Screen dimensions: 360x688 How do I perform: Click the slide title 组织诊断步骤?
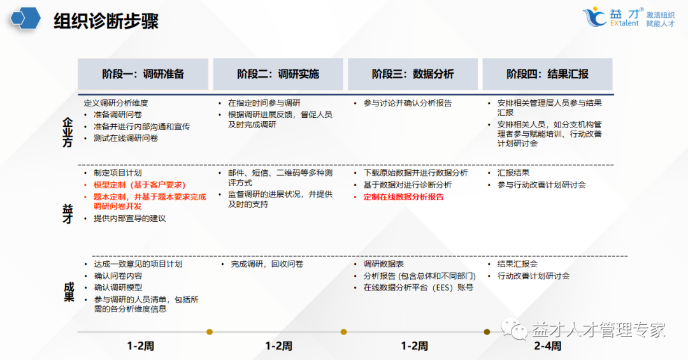tap(106, 20)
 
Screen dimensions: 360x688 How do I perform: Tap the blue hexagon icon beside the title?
tap(25, 18)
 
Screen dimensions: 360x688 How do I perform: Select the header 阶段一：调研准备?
tap(143, 74)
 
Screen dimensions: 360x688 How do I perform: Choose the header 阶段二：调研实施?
tap(278, 74)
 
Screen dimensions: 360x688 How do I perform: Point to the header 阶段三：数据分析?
tap(413, 74)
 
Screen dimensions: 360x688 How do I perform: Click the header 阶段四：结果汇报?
tap(547, 74)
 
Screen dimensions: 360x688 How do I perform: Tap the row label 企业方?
tap(68, 132)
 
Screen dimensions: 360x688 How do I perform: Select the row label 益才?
tap(68, 213)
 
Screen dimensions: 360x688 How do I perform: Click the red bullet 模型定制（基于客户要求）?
tap(131, 185)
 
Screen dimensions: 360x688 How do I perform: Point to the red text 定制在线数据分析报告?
tap(403, 197)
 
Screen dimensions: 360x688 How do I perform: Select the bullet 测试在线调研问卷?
tap(125, 138)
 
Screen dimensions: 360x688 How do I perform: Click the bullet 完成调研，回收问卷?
tap(267, 264)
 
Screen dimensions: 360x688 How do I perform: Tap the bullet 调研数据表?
tap(383, 264)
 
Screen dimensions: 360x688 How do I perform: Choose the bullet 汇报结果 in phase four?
tap(513, 173)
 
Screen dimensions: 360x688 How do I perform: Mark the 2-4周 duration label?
tap(547, 347)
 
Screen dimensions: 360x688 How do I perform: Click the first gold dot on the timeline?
tap(209, 331)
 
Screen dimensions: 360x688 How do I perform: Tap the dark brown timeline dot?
tap(487, 331)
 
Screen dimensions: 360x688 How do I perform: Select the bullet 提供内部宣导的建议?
tap(129, 219)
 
